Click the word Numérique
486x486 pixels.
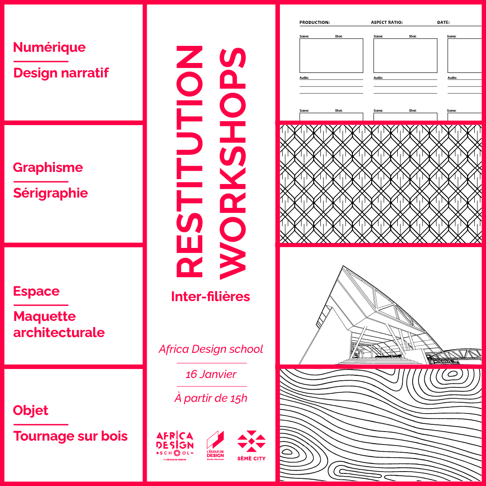(49, 47)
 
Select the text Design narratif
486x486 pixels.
(61, 73)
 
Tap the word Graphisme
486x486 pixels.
(48, 168)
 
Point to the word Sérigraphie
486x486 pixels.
(50, 193)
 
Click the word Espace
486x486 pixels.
(36, 291)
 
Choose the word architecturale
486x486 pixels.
(59, 333)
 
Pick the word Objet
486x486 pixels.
(31, 410)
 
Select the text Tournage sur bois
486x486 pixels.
(71, 436)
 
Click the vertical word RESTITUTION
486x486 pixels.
(189, 162)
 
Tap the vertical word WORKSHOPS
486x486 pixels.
(234, 162)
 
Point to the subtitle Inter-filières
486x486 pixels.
(211, 297)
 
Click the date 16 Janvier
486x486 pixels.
(211, 374)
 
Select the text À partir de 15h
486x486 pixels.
(211, 398)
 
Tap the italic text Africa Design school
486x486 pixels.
(211, 349)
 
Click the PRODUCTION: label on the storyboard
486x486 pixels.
(315, 22)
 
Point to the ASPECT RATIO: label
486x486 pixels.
(387, 22)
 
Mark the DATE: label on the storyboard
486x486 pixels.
(443, 22)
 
